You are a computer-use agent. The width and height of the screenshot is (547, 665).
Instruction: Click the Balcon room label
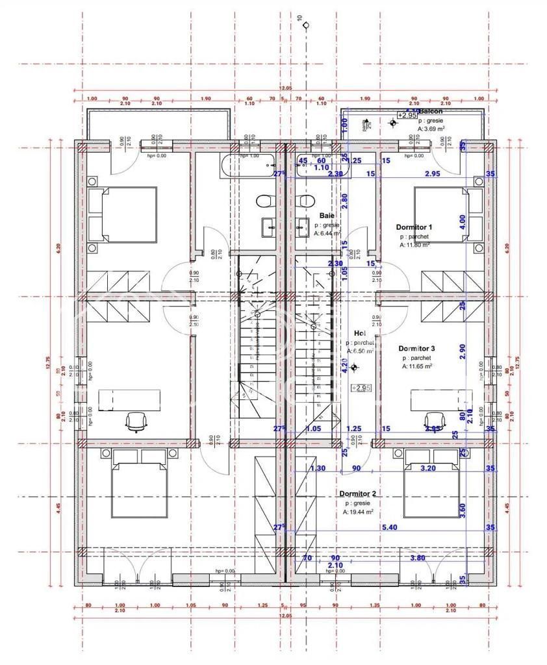click(431, 111)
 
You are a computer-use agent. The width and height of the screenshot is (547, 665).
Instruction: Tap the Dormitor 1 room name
click(414, 227)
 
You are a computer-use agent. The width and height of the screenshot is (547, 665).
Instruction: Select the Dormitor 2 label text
click(357, 494)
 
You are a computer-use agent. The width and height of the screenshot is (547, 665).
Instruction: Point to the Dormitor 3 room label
click(416, 349)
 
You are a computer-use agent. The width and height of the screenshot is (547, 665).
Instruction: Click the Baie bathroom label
click(326, 215)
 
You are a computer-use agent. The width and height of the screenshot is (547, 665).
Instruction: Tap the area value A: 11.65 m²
click(417, 366)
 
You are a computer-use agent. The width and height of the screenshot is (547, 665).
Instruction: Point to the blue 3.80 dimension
click(418, 558)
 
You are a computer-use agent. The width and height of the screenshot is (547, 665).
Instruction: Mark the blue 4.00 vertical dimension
click(463, 220)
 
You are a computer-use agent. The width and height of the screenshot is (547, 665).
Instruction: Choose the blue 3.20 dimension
click(429, 468)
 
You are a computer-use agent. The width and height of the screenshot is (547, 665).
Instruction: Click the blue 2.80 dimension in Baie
click(346, 201)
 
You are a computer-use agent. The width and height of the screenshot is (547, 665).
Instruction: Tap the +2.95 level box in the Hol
click(361, 388)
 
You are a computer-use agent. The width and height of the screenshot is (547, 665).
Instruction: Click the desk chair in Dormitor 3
click(433, 420)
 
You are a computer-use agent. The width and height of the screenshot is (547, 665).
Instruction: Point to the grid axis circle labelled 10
click(306, 27)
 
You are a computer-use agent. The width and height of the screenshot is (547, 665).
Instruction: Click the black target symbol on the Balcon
click(393, 123)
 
